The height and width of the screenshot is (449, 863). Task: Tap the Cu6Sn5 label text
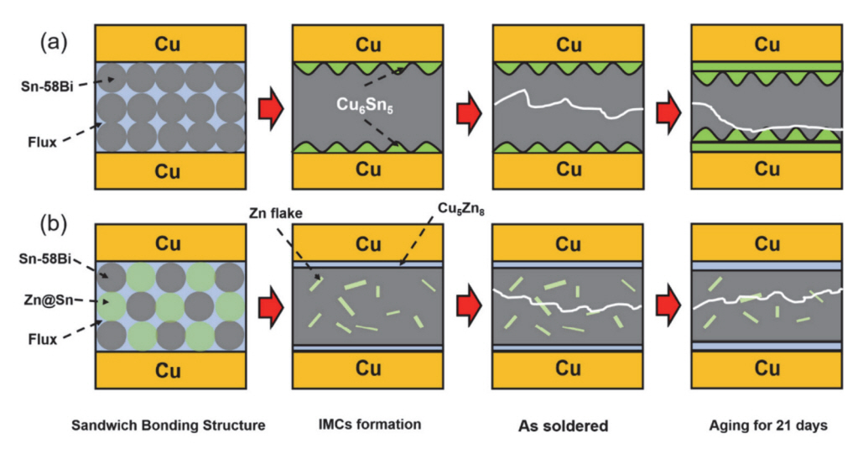(367, 107)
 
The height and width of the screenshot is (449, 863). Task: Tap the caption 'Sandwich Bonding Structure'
(169, 426)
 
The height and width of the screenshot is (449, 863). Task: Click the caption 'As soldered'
(568, 426)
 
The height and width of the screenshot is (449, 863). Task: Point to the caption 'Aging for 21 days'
(766, 426)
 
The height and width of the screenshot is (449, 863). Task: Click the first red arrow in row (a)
(270, 109)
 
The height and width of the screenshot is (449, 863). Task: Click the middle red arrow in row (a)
(470, 109)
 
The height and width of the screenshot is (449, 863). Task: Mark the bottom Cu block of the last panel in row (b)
(766, 368)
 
